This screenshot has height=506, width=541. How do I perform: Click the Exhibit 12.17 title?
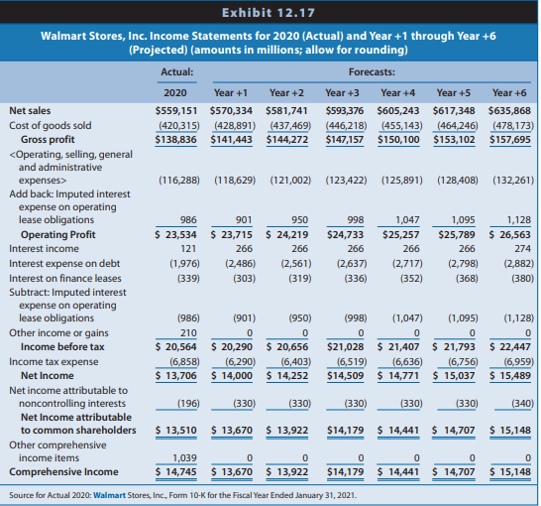click(269, 13)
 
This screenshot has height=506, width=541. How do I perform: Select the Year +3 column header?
click(342, 93)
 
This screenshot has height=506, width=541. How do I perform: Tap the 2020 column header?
click(175, 93)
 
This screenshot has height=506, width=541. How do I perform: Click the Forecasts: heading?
click(372, 71)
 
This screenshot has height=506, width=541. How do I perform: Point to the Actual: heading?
click(177, 71)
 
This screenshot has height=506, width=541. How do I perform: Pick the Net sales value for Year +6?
click(509, 111)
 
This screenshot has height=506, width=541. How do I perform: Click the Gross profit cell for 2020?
click(175, 140)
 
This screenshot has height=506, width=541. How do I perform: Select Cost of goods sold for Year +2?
click(290, 125)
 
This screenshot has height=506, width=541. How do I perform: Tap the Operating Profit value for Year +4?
click(400, 235)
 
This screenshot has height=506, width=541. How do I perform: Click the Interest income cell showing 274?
click(523, 249)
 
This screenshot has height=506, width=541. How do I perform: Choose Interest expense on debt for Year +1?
click(240, 264)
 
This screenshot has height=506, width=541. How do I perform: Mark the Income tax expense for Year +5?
click(463, 361)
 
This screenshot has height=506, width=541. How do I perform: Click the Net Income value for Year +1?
click(232, 376)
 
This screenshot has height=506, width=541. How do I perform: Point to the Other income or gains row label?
click(58, 333)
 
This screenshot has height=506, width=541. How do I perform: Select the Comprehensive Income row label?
click(63, 472)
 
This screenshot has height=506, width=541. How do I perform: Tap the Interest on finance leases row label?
click(65, 279)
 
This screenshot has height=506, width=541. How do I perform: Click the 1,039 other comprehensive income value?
click(184, 458)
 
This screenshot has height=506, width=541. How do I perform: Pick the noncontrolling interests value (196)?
click(188, 404)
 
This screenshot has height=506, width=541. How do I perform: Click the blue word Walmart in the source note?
click(109, 495)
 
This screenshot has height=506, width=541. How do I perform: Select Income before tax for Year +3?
click(345, 347)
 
